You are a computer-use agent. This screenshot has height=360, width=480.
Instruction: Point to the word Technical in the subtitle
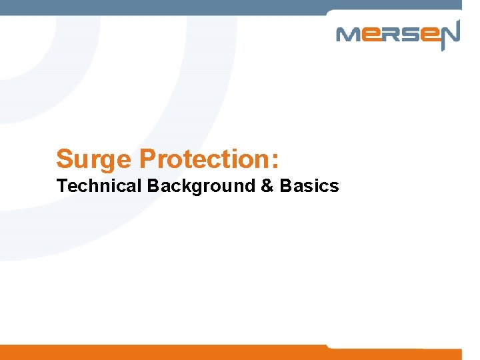coord(99,186)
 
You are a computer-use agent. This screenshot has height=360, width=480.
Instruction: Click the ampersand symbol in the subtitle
coord(267,186)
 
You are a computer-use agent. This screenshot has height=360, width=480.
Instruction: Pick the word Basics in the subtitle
coord(309,186)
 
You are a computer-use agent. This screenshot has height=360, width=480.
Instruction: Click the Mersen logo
coord(397,35)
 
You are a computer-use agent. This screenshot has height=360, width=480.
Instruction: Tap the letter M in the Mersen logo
coord(349,35)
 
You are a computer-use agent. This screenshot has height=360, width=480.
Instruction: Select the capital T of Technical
coord(62,186)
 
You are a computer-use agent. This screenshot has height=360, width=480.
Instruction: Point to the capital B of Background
coord(153,186)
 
